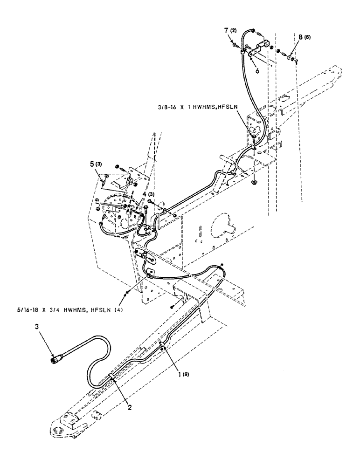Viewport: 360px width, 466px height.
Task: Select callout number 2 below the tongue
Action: [130, 407]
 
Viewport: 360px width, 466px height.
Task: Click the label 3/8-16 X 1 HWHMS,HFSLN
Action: [198, 106]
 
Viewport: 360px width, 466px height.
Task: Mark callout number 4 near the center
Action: [145, 194]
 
